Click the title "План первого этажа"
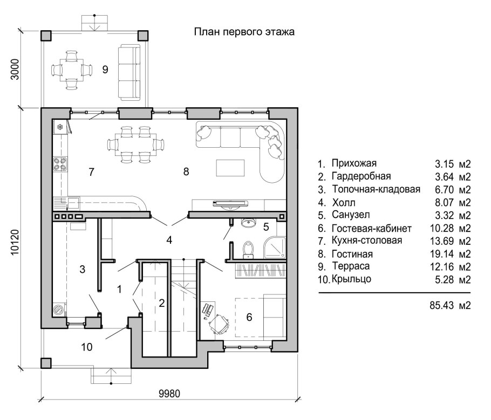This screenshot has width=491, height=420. coord(244,32)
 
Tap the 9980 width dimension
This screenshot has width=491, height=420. coord(169,394)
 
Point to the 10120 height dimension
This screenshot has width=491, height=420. coord(15,243)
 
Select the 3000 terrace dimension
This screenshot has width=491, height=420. coord(15,69)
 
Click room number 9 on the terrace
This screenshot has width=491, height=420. coord(105,69)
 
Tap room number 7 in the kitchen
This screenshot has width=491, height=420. coord(91,172)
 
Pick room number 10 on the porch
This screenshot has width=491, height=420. coord(87,347)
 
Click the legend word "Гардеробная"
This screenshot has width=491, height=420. coord(362,176)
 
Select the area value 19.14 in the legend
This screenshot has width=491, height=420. coord(441,254)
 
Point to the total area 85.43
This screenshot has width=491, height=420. coord(441,305)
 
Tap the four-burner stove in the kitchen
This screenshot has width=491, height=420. coord(60,164)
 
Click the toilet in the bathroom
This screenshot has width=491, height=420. coord(248,250)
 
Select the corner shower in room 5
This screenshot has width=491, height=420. coord(275,247)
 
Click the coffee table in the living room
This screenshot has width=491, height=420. coord(230,168)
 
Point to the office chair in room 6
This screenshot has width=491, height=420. coord(219,322)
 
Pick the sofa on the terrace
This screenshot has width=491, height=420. coord(129,73)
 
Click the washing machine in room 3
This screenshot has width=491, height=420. coord(59,310)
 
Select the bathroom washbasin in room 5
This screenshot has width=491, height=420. coord(249,223)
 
